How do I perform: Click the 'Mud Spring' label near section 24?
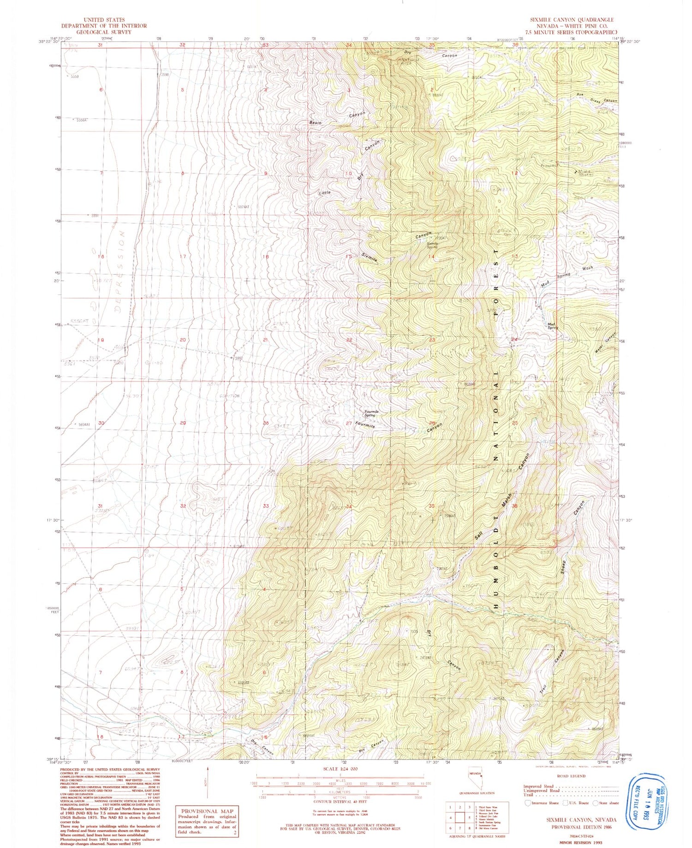(x=552, y=326)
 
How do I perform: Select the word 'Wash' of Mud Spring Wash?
(x=587, y=268)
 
